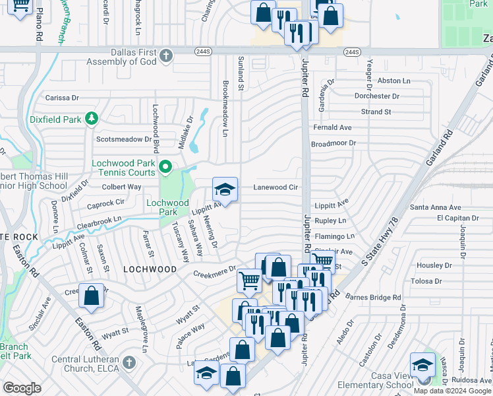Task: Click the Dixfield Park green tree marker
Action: (92, 119)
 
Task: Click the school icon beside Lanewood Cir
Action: (225, 190)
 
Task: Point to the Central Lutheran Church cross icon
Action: (129, 364)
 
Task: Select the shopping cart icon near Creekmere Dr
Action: (249, 280)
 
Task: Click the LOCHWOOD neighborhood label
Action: (150, 269)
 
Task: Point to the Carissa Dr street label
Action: (62, 98)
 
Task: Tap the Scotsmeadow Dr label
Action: (124, 139)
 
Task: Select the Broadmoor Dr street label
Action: (333, 143)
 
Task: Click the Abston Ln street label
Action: (393, 81)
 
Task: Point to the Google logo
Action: (22, 388)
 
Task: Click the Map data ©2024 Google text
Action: (452, 390)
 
